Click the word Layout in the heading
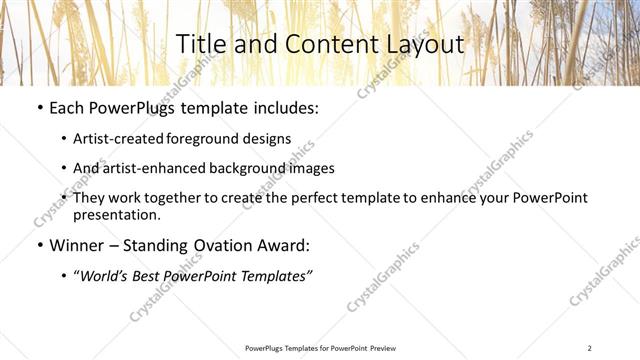tap(419, 45)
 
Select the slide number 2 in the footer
tap(590, 347)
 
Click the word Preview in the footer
tap(374, 347)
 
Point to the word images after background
tap(311, 168)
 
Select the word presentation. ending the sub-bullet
tap(116, 214)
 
